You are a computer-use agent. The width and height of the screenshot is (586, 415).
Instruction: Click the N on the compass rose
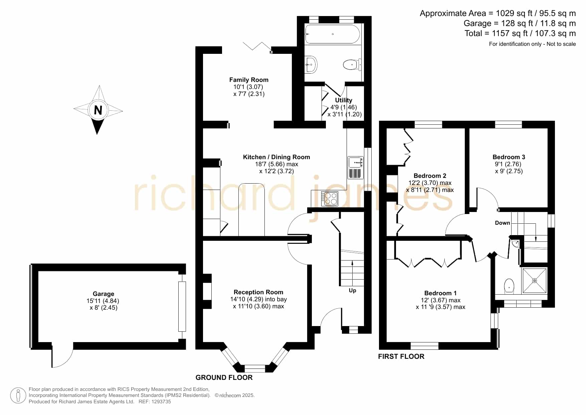(98, 110)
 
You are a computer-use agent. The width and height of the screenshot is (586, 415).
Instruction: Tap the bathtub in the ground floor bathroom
(333, 34)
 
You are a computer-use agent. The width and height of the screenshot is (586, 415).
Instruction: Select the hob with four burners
(330, 199)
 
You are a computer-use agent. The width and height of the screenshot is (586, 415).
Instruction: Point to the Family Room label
(249, 80)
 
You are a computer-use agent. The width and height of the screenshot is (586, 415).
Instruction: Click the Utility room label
(344, 100)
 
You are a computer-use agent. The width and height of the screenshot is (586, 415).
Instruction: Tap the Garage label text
(104, 294)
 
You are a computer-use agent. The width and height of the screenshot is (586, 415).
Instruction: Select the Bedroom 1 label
(440, 293)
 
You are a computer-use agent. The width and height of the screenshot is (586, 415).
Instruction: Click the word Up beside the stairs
(352, 290)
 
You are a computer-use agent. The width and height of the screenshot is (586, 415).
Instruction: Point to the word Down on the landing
(503, 223)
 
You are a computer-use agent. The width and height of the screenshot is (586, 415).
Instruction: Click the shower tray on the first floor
(535, 281)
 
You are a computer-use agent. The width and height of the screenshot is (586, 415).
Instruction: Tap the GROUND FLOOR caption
(224, 378)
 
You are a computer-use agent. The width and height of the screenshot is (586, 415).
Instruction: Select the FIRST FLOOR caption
(401, 356)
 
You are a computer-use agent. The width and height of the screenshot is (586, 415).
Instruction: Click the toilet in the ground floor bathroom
(352, 64)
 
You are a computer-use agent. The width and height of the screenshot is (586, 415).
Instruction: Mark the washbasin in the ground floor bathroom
(311, 64)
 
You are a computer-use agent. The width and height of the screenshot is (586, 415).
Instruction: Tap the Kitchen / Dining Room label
(276, 157)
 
